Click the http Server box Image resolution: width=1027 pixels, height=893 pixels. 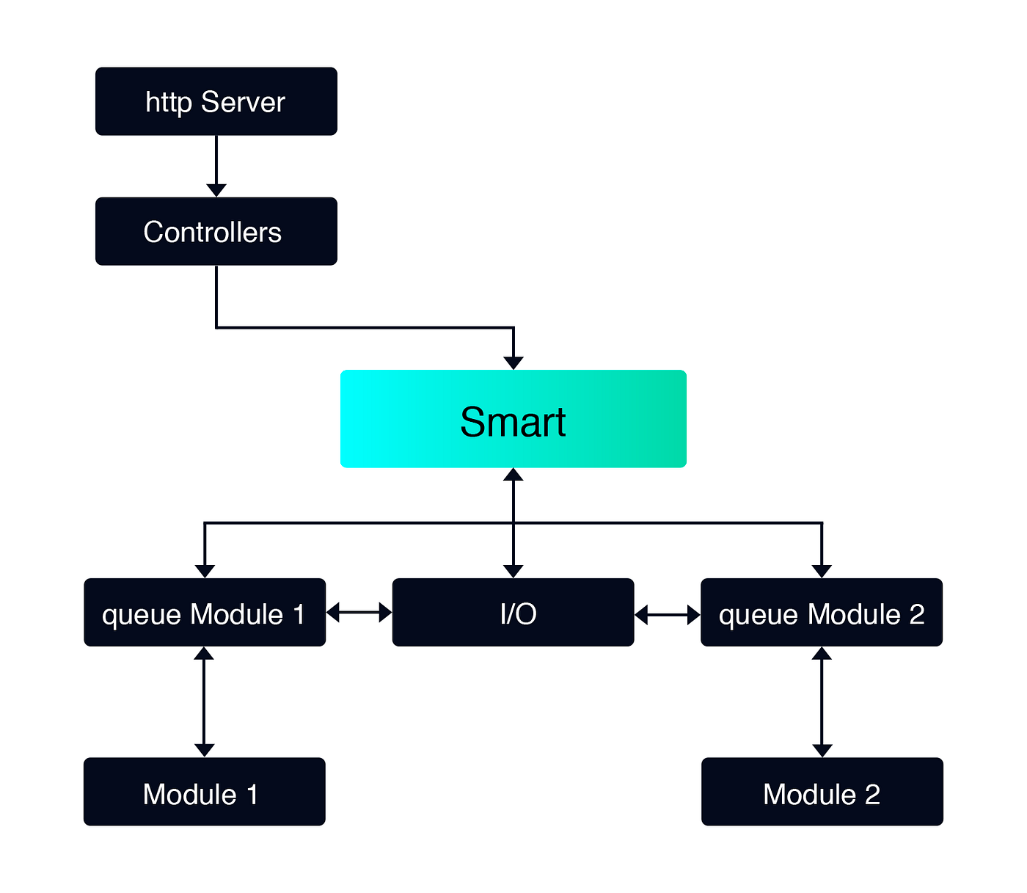coord(216,101)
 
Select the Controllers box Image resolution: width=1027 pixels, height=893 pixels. coord(216,231)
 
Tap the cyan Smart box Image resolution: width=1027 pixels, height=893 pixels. coord(513,419)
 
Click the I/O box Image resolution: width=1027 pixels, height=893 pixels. coord(513,613)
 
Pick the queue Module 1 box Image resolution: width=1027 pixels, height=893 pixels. coord(205,613)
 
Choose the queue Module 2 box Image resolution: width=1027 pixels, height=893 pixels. coord(822,613)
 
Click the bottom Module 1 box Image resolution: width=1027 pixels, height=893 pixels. coord(204,792)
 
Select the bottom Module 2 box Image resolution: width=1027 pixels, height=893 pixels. coord(822,792)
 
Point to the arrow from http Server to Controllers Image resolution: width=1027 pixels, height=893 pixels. coord(216,165)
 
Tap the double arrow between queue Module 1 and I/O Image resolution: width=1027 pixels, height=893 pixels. coord(359,612)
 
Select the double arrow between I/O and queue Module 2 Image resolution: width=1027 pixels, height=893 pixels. coord(667,614)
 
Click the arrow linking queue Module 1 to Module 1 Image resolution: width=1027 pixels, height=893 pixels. coord(205,701)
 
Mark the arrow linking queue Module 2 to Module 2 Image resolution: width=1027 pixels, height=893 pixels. coord(822,701)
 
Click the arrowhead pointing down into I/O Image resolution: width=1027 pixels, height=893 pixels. coord(513,571)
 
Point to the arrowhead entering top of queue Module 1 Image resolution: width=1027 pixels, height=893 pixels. coord(205,571)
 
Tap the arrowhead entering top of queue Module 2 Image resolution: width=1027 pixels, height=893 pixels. coord(822,571)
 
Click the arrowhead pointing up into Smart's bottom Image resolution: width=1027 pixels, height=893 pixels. coord(513,475)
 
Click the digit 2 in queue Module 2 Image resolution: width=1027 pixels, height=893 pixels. coord(917,614)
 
